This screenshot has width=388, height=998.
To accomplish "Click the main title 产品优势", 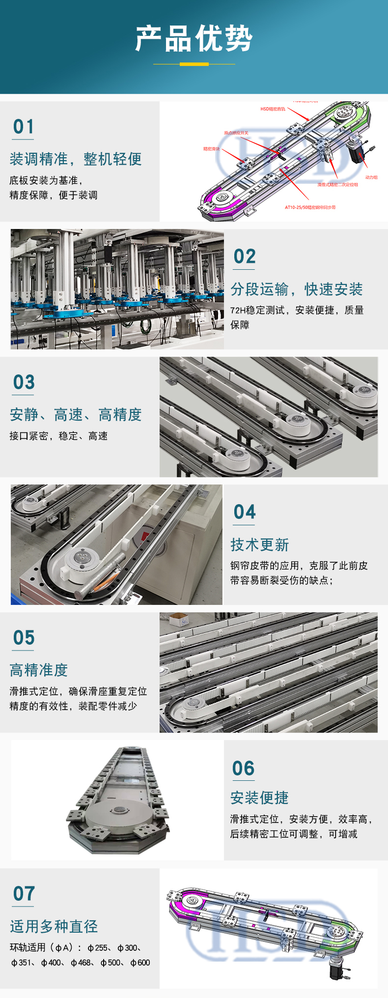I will (x=194, y=39).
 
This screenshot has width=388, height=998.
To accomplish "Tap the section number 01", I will (x=24, y=127).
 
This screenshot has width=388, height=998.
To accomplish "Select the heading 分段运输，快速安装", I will (x=297, y=289).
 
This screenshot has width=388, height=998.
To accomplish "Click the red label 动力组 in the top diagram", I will (x=371, y=177).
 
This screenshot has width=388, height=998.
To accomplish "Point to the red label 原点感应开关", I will (x=236, y=133).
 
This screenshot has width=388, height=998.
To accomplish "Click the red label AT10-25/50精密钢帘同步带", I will (x=310, y=207).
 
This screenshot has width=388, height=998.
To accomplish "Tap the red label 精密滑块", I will (x=211, y=149).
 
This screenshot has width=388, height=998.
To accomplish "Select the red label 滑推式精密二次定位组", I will (x=337, y=185).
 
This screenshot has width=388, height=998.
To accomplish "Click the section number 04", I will (x=245, y=512).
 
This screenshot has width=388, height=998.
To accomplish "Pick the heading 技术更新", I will (x=260, y=545).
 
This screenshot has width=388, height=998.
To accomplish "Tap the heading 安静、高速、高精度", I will (x=76, y=415).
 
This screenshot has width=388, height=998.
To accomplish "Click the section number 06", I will (x=244, y=769).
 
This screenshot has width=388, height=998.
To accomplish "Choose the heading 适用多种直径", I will (x=54, y=926).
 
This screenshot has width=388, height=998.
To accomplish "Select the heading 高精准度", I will (x=39, y=670).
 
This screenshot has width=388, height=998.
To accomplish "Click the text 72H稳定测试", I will (x=257, y=310).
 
